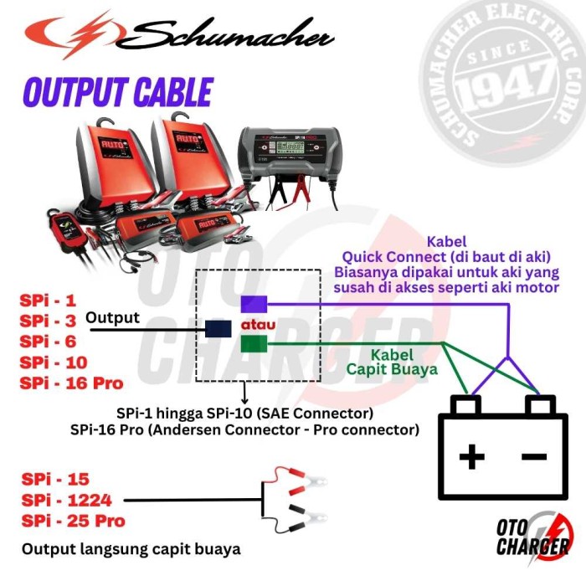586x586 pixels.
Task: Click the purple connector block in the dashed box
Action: (254, 304)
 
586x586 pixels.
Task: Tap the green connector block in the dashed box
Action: (254, 342)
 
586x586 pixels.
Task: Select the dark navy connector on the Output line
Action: (218, 328)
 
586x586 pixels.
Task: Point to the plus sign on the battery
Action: (472, 457)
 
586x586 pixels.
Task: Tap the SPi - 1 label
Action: (48, 299)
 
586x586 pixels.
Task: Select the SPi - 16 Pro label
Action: (72, 383)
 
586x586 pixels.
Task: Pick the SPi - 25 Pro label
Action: (74, 522)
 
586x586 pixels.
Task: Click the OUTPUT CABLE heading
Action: (118, 93)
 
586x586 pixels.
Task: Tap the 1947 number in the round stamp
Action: (505, 80)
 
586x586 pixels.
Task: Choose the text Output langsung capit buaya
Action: (131, 550)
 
